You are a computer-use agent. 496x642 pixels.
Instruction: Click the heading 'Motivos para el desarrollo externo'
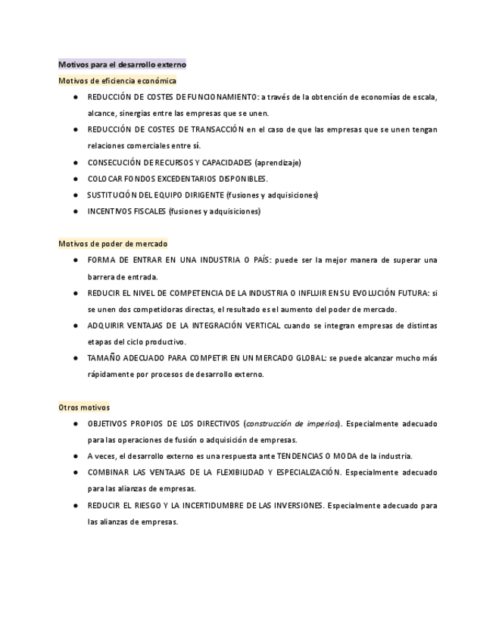[122, 65]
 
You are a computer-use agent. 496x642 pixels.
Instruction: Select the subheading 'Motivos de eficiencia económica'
[117, 81]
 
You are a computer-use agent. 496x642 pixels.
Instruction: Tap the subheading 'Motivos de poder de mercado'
[113, 244]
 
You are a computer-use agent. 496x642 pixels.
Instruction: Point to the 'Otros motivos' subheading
[84, 407]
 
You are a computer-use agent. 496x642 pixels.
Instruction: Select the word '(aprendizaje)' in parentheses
[278, 162]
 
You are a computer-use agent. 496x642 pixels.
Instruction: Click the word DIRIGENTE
[203, 195]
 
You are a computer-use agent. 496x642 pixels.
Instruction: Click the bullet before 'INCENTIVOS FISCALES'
[76, 211]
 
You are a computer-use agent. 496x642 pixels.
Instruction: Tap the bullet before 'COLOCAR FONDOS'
[76, 179]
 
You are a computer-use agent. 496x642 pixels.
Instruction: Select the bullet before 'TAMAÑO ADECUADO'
[76, 358]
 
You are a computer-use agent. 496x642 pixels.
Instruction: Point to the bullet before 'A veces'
[76, 457]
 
